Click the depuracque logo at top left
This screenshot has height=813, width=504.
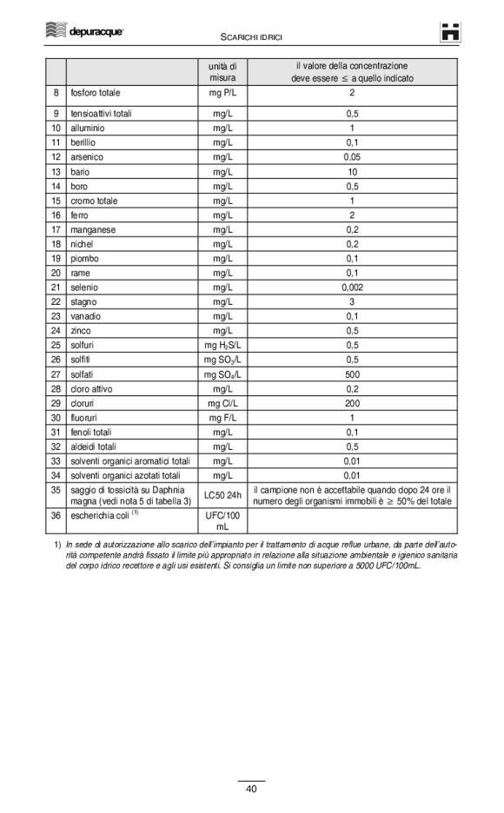(x=83, y=30)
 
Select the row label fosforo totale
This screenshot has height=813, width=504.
(x=96, y=93)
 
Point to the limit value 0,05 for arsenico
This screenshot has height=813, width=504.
(x=351, y=157)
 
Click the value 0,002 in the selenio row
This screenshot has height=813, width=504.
(x=351, y=288)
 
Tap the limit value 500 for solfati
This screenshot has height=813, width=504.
(x=351, y=374)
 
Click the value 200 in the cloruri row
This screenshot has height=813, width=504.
(x=351, y=403)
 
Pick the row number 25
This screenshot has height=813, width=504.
(x=55, y=346)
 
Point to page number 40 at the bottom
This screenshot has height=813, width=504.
(x=251, y=789)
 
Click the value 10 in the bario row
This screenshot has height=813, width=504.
(x=351, y=172)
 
